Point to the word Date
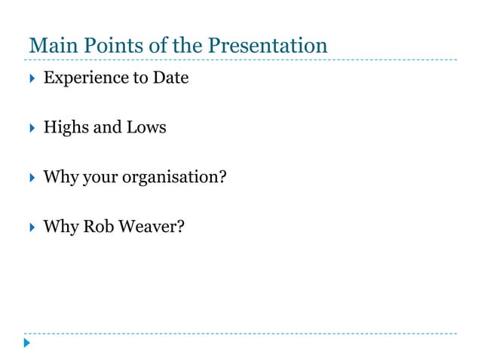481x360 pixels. pyautogui.click(x=170, y=77)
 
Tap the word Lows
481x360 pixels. pyautogui.click(x=147, y=127)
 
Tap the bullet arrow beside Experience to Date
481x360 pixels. pyautogui.click(x=30, y=78)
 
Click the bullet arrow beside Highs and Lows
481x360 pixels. pyautogui.click(x=30, y=127)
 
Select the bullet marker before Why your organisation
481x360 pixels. pyautogui.click(x=30, y=177)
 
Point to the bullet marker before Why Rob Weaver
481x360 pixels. pyautogui.click(x=30, y=226)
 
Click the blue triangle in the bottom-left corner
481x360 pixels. pyautogui.click(x=26, y=343)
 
